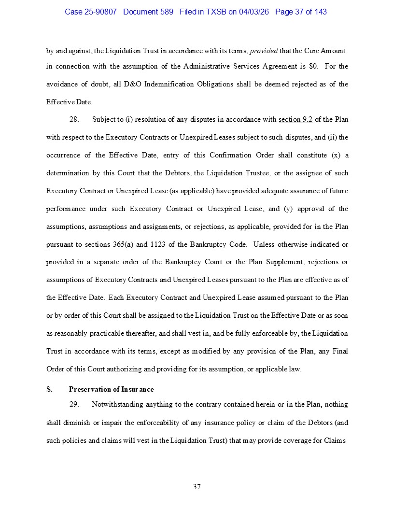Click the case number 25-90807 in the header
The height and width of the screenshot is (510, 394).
pyautogui.click(x=100, y=12)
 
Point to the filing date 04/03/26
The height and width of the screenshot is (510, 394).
pyautogui.click(x=254, y=12)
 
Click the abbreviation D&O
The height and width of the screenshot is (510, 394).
pyautogui.click(x=133, y=84)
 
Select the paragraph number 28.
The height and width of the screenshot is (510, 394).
pyautogui.click(x=74, y=120)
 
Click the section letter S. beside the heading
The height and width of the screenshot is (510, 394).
pyautogui.click(x=49, y=389)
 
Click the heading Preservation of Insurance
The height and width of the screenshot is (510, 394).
pyautogui.click(x=112, y=389)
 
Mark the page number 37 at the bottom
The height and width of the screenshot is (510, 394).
pyautogui.click(x=197, y=486)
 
